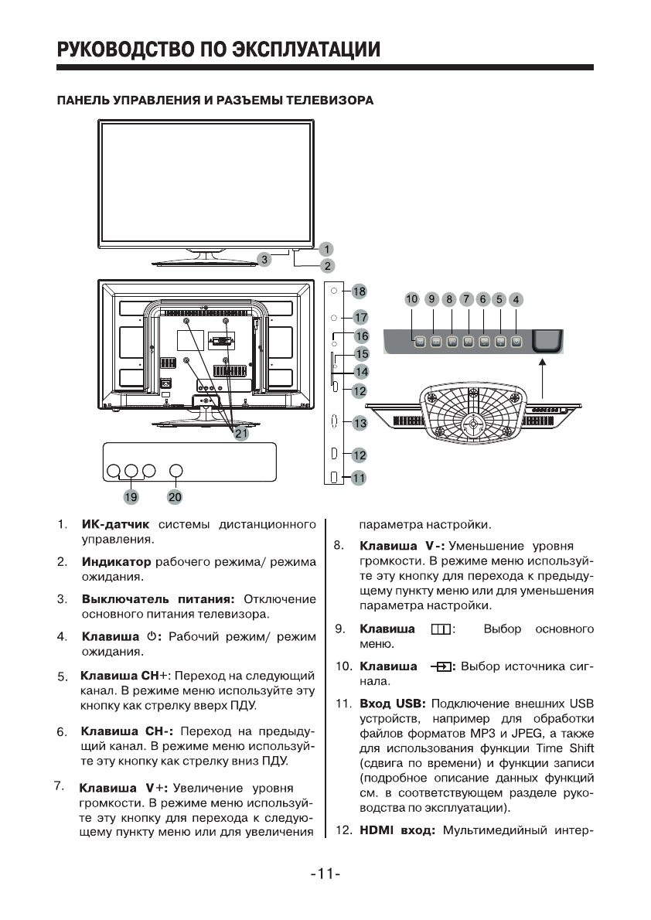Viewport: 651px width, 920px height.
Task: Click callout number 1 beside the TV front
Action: click(327, 249)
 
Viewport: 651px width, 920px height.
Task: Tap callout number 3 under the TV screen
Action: click(264, 260)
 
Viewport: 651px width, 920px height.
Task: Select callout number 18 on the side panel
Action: click(360, 291)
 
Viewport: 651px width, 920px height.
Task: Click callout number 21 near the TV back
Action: click(241, 434)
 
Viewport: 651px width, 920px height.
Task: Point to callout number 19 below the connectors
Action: click(131, 496)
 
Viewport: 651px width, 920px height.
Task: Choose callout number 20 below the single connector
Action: click(175, 496)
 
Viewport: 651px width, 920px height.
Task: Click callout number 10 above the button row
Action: click(411, 298)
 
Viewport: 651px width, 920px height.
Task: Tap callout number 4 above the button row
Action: click(516, 298)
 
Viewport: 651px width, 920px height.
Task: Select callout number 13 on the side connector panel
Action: click(360, 423)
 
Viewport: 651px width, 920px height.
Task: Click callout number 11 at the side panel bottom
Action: click(358, 478)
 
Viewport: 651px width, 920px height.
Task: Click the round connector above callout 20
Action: click(176, 470)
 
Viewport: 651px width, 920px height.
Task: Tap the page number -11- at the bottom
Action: click(325, 874)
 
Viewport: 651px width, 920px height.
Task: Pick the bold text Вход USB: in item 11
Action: click(394, 704)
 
